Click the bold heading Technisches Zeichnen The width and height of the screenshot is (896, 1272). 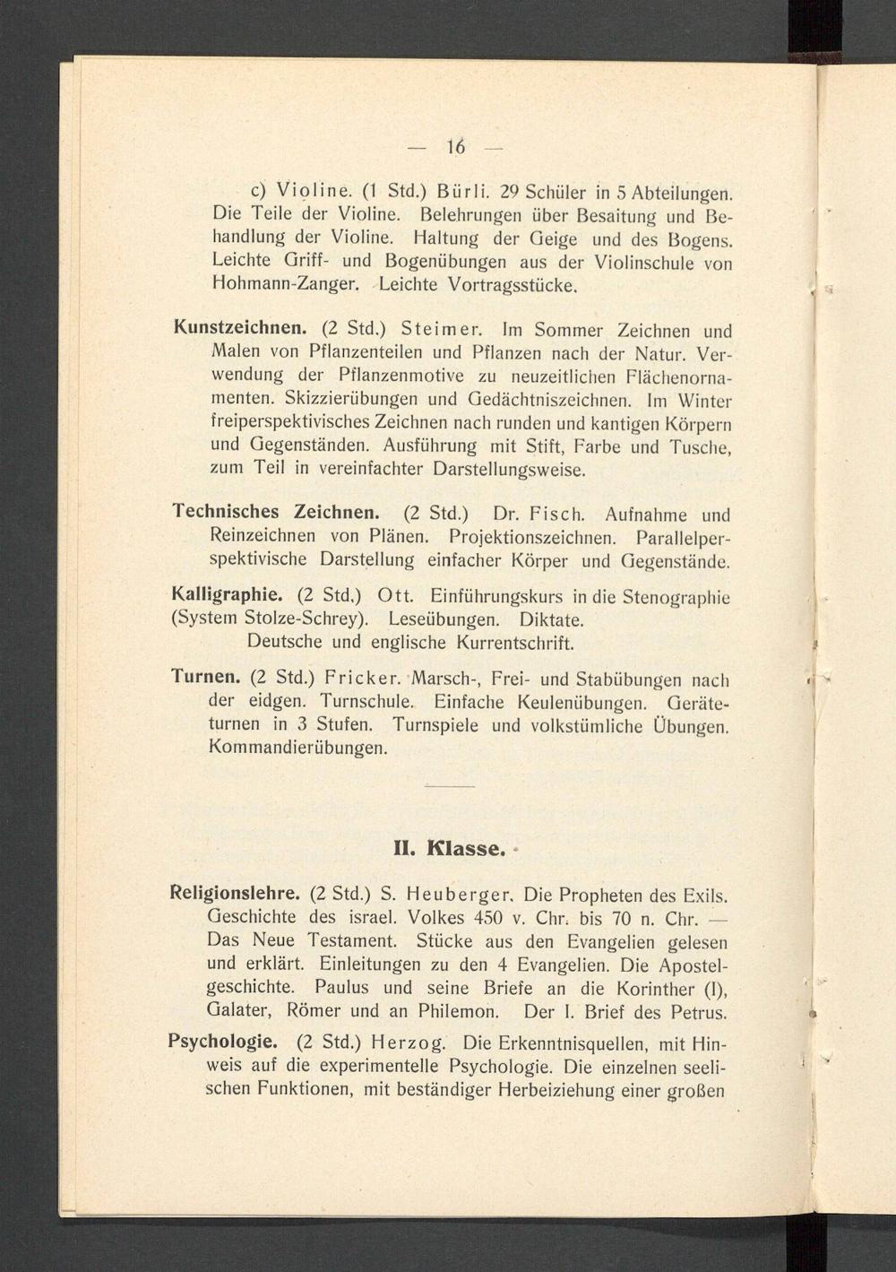coord(276,512)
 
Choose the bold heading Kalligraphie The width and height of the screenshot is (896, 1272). coord(228,594)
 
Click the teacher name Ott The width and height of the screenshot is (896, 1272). coord(393,595)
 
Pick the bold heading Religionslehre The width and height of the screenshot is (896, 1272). coord(235,893)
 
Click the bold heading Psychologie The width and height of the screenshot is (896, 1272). coord(223,1043)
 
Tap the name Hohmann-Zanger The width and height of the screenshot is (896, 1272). coord(285,286)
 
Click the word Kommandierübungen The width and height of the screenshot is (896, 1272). coord(297,747)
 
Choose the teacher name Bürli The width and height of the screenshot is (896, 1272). coord(461,191)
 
